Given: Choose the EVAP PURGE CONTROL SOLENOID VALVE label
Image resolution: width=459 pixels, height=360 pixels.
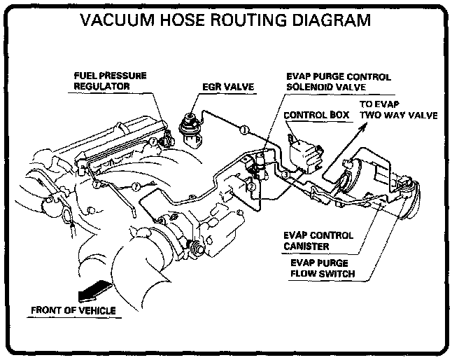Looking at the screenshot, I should click(338, 82).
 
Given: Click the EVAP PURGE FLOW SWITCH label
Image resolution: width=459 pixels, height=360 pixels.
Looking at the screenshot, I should click(323, 268).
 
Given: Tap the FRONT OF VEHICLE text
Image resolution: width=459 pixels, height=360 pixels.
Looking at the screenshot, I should click(73, 310).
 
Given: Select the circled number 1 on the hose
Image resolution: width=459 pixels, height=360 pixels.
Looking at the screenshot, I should click(242, 129).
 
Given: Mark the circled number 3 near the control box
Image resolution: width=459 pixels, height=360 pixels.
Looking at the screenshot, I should click(285, 174).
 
